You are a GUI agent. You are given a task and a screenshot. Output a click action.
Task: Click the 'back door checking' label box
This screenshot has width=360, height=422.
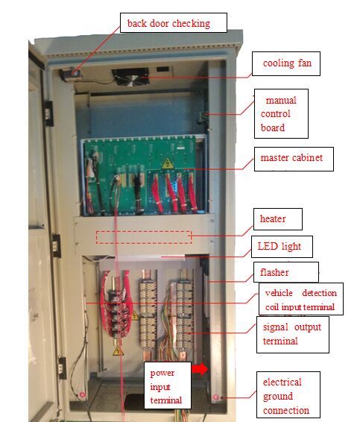click(173, 23)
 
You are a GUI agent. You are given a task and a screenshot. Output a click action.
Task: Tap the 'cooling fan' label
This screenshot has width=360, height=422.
click(286, 63)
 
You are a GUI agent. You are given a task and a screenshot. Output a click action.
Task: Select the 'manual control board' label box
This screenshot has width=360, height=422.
click(281, 113)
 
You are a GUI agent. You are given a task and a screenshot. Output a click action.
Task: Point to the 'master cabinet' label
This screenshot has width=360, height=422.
click(294, 159)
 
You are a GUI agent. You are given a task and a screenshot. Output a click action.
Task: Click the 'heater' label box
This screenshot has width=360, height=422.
click(278, 218)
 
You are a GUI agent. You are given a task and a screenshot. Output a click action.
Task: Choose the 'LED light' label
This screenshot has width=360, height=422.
click(282, 247)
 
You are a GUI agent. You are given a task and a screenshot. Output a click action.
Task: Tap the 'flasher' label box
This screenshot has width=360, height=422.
click(286, 272)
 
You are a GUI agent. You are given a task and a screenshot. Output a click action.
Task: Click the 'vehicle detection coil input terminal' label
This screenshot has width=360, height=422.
click(301, 299)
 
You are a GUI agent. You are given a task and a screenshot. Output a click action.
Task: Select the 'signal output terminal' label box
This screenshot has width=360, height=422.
click(293, 335)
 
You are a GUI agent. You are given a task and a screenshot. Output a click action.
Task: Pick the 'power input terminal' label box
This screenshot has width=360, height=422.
click(168, 385)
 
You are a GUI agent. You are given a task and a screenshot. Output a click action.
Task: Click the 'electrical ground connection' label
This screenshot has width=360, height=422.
click(288, 394)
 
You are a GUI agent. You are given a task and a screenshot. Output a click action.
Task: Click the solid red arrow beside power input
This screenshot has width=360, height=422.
click(200, 369)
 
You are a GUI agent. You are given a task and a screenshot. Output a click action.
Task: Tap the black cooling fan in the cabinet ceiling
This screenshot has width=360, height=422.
click(130, 77)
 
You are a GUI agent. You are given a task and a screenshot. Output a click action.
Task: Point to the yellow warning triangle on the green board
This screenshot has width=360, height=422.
click(168, 163)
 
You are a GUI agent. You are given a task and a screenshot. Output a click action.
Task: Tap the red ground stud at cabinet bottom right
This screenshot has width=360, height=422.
click(215, 397)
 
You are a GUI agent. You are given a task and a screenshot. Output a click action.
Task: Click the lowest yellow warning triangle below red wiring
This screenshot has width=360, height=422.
click(118, 350)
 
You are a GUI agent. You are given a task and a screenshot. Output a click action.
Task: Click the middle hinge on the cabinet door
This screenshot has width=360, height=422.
click(57, 245)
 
